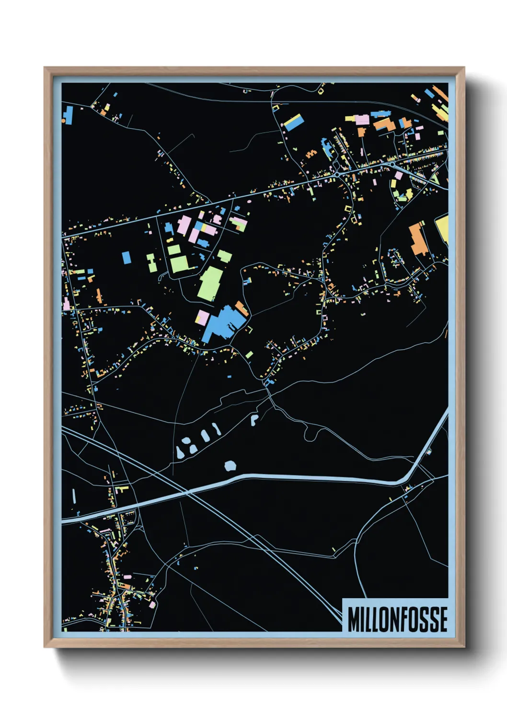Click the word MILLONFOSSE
pyautogui.click(x=397, y=619)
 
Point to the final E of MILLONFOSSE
pyautogui.click(x=443, y=619)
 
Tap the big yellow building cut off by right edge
pyautogui.click(x=442, y=229)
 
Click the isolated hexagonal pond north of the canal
pyautogui.click(x=230, y=465)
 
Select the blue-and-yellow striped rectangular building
pyautogui.click(x=293, y=122)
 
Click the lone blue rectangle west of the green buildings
pyautogui.click(x=127, y=257)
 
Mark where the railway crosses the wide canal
pyautogui.click(x=186, y=492)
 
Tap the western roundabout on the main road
pyautogui.click(x=338, y=175)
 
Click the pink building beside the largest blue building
pyautogui.click(x=202, y=317)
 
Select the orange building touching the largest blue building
pyautogui.click(x=242, y=308)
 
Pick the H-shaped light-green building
pyautogui.click(x=152, y=263)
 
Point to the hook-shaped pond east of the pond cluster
pyautogui.click(x=254, y=419)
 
